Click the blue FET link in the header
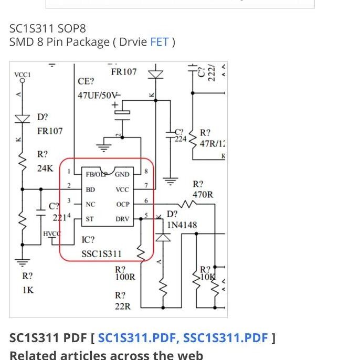pyautogui.click(x=159, y=42)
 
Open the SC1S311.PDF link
pyautogui.click(x=136, y=337)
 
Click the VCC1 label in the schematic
pyautogui.click(x=22, y=75)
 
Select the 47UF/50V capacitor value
pyautogui.click(x=99, y=96)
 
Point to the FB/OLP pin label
pyautogui.click(x=97, y=174)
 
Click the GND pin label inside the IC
pyautogui.click(x=122, y=174)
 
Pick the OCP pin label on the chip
pyautogui.click(x=122, y=204)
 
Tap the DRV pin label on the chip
pyautogui.click(x=122, y=219)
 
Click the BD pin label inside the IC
pyautogui.click(x=90, y=189)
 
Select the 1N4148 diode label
pyautogui.click(x=182, y=225)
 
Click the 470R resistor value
pyautogui.click(x=203, y=194)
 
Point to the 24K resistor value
pyautogui.click(x=45, y=168)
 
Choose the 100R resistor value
pyautogui.click(x=125, y=277)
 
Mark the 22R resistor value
pyautogui.click(x=123, y=306)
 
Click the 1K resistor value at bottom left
pyautogui.click(x=28, y=290)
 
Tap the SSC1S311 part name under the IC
pyautogui.click(x=101, y=254)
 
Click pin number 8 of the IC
pyautogui.click(x=146, y=171)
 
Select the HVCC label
pyautogui.click(x=52, y=234)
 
